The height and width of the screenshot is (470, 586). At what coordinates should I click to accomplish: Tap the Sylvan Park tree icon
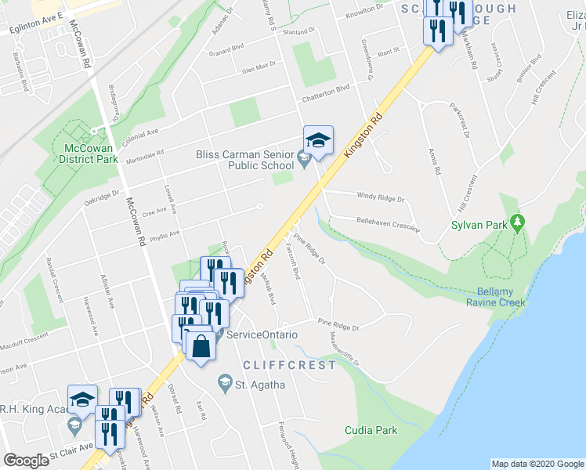coord(517,223)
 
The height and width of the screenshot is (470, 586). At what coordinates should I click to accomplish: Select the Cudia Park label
coord(370,430)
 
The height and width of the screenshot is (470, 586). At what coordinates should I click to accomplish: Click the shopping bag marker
coord(201,345)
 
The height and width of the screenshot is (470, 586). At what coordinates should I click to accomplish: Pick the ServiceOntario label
coord(262,334)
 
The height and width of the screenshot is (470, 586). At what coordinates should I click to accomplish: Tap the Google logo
coord(27,461)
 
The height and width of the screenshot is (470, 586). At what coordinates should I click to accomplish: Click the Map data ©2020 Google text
coord(537,464)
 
